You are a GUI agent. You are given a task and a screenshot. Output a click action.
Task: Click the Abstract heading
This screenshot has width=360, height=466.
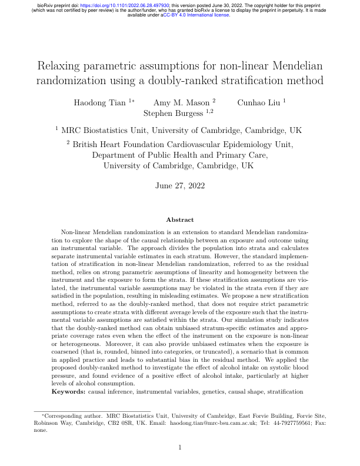click(179, 219)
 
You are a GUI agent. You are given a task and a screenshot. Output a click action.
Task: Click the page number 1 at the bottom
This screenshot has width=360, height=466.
click(180, 448)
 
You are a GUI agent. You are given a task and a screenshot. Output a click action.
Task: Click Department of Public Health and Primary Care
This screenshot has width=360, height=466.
click(181, 155)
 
